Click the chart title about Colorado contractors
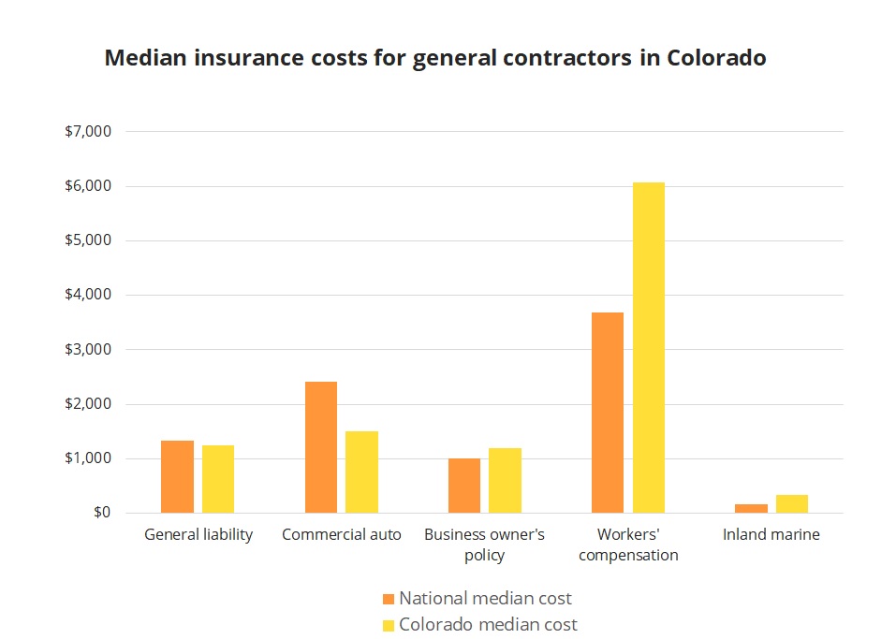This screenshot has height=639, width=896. (435, 58)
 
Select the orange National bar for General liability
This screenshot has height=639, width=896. (177, 476)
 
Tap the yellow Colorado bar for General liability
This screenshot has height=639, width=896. (218, 479)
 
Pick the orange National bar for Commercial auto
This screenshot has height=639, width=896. (321, 447)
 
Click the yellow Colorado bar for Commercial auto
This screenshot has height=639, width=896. (361, 472)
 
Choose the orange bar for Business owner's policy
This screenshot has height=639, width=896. (464, 486)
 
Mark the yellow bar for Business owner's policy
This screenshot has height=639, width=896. (505, 480)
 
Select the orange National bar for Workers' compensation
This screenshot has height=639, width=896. (608, 413)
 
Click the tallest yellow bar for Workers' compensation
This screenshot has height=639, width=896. (649, 347)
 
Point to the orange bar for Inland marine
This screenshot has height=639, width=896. (751, 508)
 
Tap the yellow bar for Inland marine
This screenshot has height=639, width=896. (792, 503)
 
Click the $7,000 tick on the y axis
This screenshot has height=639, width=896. (87, 132)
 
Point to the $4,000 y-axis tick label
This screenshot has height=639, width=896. (87, 296)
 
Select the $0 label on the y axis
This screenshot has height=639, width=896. (100, 513)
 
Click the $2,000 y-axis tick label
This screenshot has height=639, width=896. (87, 404)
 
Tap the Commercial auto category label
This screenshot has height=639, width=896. (342, 535)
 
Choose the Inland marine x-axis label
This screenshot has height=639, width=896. (771, 535)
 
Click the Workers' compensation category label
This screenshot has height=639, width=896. (628, 545)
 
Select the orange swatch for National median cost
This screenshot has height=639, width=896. (389, 599)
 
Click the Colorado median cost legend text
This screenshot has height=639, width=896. (488, 624)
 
